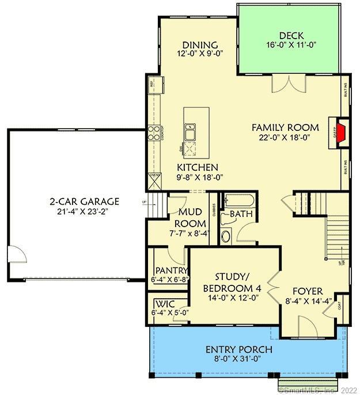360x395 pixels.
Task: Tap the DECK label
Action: pos(291,35)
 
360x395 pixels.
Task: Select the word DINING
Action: pos(199,45)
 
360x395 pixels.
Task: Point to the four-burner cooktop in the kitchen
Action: pos(154,133)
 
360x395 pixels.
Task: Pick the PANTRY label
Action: pos(171,270)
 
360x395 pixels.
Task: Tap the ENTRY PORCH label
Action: pos(239,349)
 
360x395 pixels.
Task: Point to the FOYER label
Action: pos(307,291)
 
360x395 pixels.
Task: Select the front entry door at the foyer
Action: pos(308,329)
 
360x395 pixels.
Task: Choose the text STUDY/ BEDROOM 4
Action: pos(230,282)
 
